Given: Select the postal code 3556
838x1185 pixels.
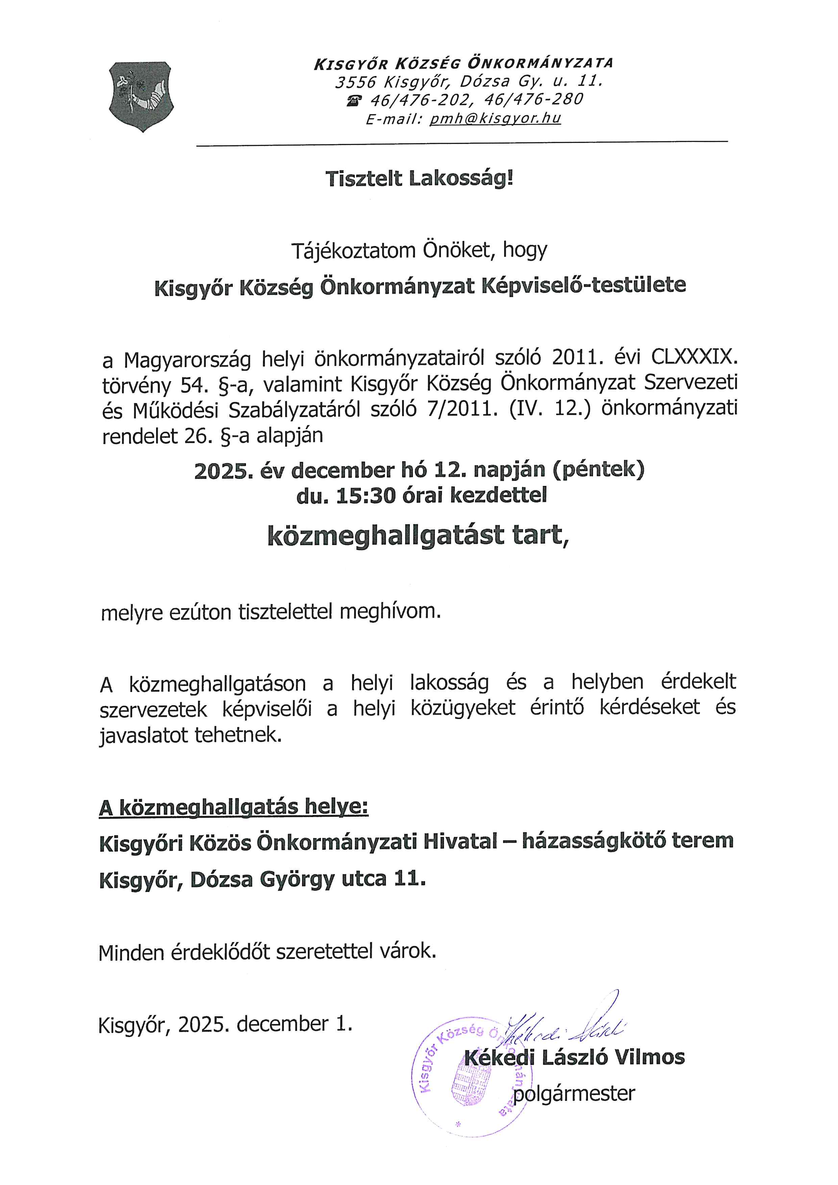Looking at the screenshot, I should [x=355, y=81].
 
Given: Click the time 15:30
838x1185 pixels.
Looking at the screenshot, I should [x=366, y=495].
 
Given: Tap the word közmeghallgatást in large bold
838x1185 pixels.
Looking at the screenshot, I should [x=386, y=535].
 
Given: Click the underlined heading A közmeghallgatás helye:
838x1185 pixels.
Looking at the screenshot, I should [x=234, y=807].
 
